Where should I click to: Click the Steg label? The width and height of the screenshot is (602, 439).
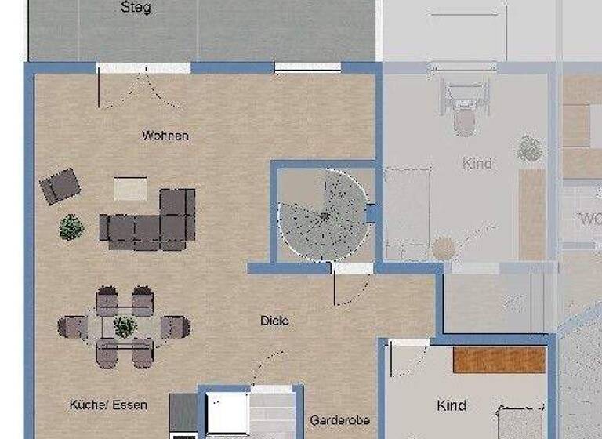coord(136,9)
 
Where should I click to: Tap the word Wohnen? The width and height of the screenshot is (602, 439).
coord(165,136)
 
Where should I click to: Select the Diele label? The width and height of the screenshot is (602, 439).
coord(274,321)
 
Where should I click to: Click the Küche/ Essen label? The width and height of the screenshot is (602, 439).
coord(108,405)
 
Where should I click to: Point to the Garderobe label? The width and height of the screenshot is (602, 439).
coord(339,420)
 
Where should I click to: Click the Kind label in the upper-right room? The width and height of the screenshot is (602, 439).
coord(477,164)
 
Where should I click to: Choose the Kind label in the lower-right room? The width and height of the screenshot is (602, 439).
coord(451,405)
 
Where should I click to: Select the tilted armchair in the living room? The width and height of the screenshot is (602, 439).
coord(60,186)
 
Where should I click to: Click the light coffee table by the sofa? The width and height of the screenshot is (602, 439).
coord(130,188)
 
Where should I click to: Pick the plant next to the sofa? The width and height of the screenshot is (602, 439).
coord(71,227)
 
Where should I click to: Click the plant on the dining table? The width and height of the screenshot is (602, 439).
coord(125,325)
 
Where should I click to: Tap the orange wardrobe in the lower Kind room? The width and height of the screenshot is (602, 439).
coord(499,360)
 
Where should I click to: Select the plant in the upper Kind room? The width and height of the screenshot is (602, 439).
coord(530,148)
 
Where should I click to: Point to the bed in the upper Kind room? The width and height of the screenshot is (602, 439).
coord(407,212)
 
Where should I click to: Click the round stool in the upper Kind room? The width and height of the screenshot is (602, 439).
coord(444,249)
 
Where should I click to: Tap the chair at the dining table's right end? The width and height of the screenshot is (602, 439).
coord(176,325)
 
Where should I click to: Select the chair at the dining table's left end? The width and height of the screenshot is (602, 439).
coord(72,325)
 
